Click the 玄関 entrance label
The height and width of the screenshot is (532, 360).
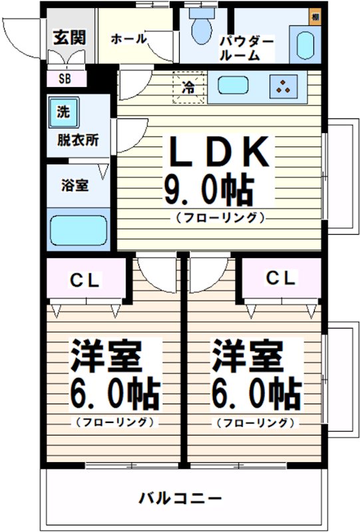pos(69,37)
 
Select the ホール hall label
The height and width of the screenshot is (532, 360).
pos(128,39)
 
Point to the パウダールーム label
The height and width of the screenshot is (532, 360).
pos(247,49)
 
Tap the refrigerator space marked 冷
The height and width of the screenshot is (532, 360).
pos(189,88)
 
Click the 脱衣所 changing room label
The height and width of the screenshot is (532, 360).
pos(78,141)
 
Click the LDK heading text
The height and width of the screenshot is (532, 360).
pos(218,154)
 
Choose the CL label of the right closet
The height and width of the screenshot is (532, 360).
pos(281,279)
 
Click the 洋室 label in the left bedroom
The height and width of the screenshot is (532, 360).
pos(106,358)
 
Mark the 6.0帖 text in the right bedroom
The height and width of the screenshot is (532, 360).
pos(256,396)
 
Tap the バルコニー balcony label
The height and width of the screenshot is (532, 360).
pos(180,497)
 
